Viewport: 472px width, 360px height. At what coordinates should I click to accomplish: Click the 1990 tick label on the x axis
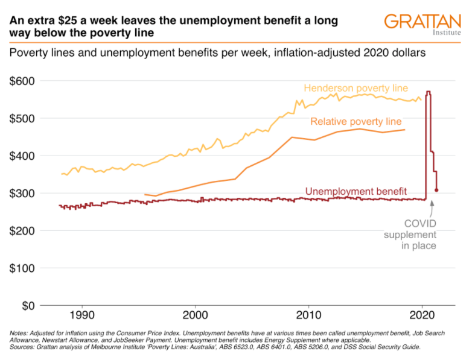[x=81, y=315]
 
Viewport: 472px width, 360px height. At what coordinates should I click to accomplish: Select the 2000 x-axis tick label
[x=195, y=315]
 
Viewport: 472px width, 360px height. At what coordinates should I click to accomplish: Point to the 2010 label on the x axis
[x=308, y=315]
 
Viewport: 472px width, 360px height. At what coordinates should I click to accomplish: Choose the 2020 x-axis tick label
[x=422, y=315]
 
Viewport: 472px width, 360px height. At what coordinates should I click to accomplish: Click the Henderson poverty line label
[x=356, y=89]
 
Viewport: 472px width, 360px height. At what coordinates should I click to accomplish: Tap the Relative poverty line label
[x=356, y=122]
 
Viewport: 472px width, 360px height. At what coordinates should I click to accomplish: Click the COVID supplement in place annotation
[x=410, y=235]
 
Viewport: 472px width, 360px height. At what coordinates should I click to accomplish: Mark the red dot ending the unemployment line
[x=436, y=190]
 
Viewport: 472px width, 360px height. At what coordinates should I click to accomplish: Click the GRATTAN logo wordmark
[x=418, y=21]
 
